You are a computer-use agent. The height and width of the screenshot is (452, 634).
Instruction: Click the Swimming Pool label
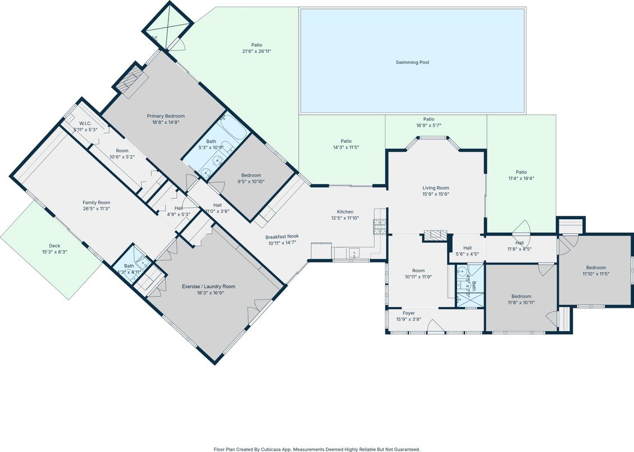(x=412, y=62)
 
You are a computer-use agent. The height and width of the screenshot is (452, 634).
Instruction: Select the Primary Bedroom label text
(x=166, y=116)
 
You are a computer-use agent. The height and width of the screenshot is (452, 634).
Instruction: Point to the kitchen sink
(x=354, y=252)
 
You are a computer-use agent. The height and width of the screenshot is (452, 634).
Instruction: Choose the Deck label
(x=54, y=246)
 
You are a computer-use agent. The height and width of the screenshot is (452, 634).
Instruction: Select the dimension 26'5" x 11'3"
(x=96, y=209)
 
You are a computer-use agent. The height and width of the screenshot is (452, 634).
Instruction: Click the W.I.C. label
(x=85, y=123)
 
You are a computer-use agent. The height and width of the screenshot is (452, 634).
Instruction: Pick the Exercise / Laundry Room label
(x=208, y=286)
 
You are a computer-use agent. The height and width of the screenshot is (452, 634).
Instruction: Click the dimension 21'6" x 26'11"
(x=256, y=51)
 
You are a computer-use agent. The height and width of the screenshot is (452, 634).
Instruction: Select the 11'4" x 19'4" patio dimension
(x=522, y=178)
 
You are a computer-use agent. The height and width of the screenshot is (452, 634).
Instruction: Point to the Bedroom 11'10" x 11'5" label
(x=596, y=268)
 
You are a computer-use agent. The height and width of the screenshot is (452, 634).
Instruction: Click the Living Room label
(x=436, y=188)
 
